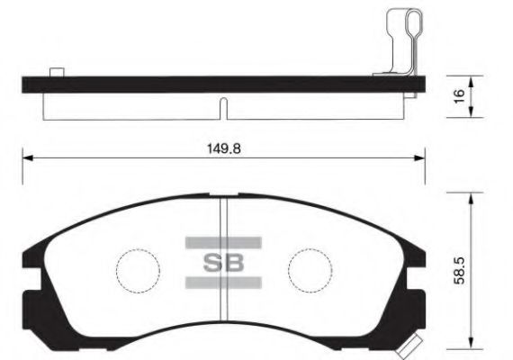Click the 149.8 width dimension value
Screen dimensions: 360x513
coord(222,149)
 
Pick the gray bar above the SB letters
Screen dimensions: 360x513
coord(222,241)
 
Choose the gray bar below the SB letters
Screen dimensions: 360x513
coord(222,283)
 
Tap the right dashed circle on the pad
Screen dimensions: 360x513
coord(309,266)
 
